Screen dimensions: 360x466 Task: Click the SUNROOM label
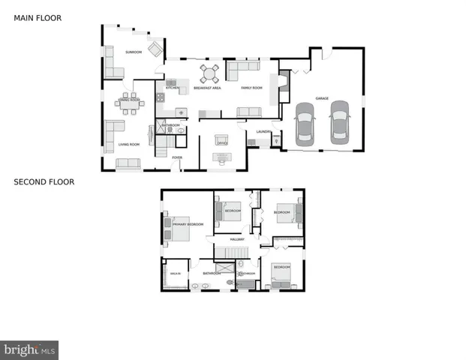point(134,52)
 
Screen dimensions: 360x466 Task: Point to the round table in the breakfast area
point(208,73)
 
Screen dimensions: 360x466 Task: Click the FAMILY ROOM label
point(251,88)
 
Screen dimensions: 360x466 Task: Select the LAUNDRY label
point(263,131)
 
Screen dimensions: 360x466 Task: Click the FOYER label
point(177,157)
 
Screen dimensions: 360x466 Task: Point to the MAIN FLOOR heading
point(38,17)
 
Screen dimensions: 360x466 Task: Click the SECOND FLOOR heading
point(44,181)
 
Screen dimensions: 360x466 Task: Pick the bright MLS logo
point(29,349)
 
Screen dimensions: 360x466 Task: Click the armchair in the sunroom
point(155,49)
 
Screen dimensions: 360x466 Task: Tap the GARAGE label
point(322,98)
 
